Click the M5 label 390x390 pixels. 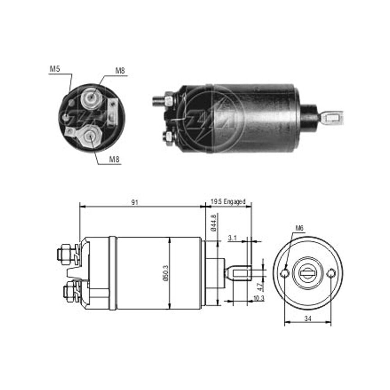pyautogui.click(x=55, y=69)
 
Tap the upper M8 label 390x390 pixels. pyautogui.click(x=120, y=71)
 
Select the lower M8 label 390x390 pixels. pyautogui.click(x=114, y=159)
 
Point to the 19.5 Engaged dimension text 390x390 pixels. pyautogui.click(x=228, y=202)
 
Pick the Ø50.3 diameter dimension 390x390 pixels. pyautogui.click(x=166, y=273)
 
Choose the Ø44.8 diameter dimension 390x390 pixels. pyautogui.click(x=214, y=222)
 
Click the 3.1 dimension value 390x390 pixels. pyautogui.click(x=232, y=238)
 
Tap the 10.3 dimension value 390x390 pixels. pyautogui.click(x=259, y=298)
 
